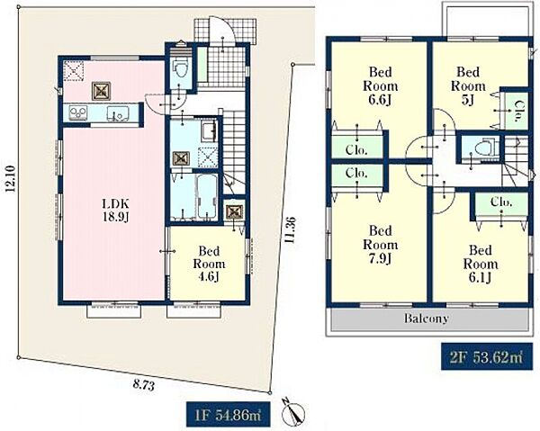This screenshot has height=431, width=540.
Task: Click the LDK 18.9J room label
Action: coord(115,210)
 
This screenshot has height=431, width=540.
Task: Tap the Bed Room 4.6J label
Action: coord(209,264)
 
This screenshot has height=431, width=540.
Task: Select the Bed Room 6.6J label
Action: coord(380,85)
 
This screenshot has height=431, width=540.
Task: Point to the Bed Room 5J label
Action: coord(468,85)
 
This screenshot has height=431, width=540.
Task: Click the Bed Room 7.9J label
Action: coord(380,245)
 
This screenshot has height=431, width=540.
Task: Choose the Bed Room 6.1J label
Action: coord(480,264)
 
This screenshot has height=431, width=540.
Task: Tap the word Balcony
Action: coord(426,319)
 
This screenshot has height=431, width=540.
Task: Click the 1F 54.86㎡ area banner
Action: coord(228,415)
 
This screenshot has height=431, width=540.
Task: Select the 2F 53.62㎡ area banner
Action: coord(487,357)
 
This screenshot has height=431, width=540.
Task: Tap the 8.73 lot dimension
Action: coord(143,384)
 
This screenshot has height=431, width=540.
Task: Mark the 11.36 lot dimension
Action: coord(290,230)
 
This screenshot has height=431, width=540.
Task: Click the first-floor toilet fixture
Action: coord(180,70)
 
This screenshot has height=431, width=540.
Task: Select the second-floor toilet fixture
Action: coord(484,148)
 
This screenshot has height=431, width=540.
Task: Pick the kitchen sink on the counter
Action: coord(117,112)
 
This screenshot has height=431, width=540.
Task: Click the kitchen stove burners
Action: coord(78,112)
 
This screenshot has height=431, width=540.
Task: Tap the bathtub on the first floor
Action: coord(207,196)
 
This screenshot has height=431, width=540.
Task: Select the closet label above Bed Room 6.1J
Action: coord(501,202)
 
